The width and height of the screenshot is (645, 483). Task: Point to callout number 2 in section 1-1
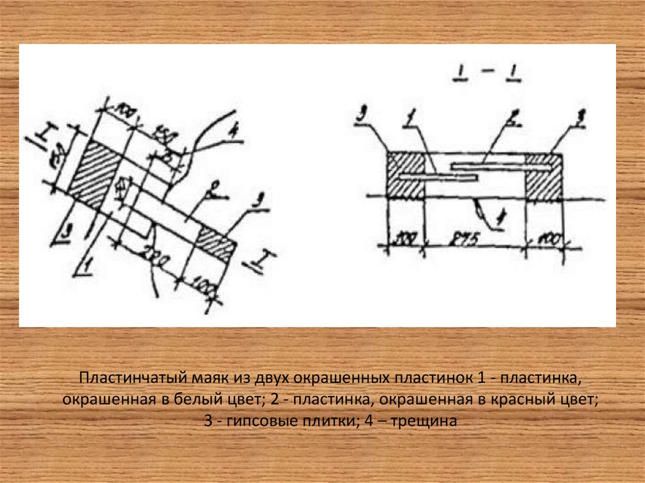[x=515, y=117]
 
